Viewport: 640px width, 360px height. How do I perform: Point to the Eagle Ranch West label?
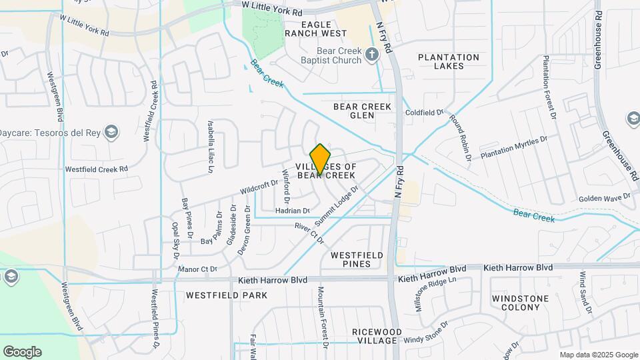coord(315,28)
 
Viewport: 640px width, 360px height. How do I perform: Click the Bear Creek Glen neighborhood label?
coord(363,111)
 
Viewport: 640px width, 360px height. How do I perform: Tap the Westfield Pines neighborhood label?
coord(357,259)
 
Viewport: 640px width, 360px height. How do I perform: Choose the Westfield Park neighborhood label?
coord(227,295)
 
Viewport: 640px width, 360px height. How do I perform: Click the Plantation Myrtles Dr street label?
coord(514,147)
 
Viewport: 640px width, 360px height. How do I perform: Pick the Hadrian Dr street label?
coord(293,210)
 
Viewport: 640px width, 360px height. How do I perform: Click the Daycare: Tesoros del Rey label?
coord(50,131)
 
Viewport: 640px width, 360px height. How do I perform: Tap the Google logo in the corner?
coord(22,352)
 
